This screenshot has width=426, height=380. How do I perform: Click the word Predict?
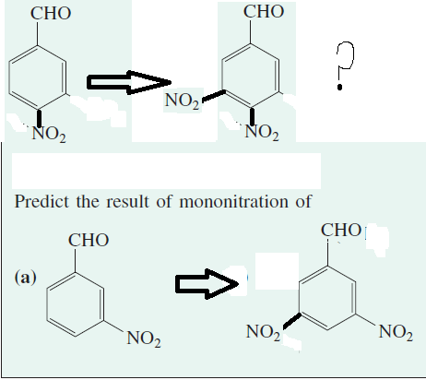pos(41,202)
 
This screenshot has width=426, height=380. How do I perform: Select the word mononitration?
pos(233,202)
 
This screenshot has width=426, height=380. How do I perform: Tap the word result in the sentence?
pos(127,202)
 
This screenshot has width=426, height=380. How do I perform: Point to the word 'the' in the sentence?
pos(88,202)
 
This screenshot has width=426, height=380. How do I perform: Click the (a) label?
pos(25,278)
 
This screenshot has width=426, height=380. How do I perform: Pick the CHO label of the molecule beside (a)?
pos(89,240)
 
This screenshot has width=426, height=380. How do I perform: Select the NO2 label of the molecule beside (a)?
pos(144,338)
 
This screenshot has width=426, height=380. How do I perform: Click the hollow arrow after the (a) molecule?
pos(207,283)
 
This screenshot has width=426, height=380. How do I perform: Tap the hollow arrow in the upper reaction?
pos(129,82)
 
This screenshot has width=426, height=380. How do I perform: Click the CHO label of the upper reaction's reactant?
pos(51,14)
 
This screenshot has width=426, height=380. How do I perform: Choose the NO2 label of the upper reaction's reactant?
pos(49,135)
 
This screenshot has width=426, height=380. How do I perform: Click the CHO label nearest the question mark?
pos(264,12)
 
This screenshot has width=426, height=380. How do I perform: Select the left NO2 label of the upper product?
pos(182,101)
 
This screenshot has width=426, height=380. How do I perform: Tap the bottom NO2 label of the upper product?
pos(262,133)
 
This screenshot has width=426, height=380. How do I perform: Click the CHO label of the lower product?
pos(341,230)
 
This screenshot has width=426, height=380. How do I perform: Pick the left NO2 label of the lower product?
pos(263,333)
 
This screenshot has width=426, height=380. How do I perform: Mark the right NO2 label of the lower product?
pos(396,333)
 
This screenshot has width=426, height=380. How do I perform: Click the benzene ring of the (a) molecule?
pos(47,304)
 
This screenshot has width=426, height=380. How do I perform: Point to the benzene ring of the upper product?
pos(222,75)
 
